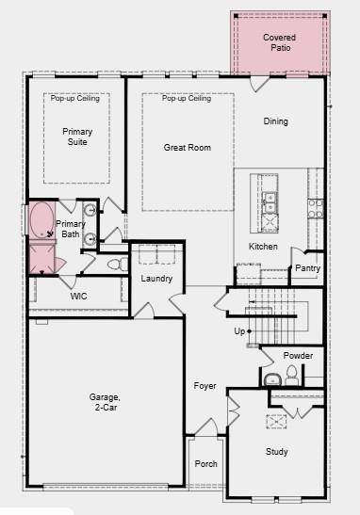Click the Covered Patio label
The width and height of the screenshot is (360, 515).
pos(279,41)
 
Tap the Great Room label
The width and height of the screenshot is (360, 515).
pos(187,147)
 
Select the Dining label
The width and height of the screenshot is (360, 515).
pos(276,121)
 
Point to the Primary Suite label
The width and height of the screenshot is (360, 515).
pos(77,137)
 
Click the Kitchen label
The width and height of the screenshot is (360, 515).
pos(263,247)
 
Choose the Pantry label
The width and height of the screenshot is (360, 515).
pos(307,268)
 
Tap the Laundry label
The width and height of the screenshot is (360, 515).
pos(156,279)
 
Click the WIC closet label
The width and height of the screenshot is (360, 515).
pos(79,296)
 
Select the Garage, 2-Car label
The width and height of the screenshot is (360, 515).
pos(105,402)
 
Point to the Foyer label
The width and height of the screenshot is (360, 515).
pos(205,386)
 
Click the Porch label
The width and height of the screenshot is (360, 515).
pos(205,464)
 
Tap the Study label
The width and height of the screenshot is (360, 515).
pos(276,452)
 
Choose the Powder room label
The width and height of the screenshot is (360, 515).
pos(298,356)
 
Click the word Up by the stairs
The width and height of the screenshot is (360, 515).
pos(239,331)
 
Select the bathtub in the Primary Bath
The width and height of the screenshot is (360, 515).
pos(41,222)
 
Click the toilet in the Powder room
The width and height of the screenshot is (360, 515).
pos(290,377)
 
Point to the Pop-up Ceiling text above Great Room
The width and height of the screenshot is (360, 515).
pos(187,98)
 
